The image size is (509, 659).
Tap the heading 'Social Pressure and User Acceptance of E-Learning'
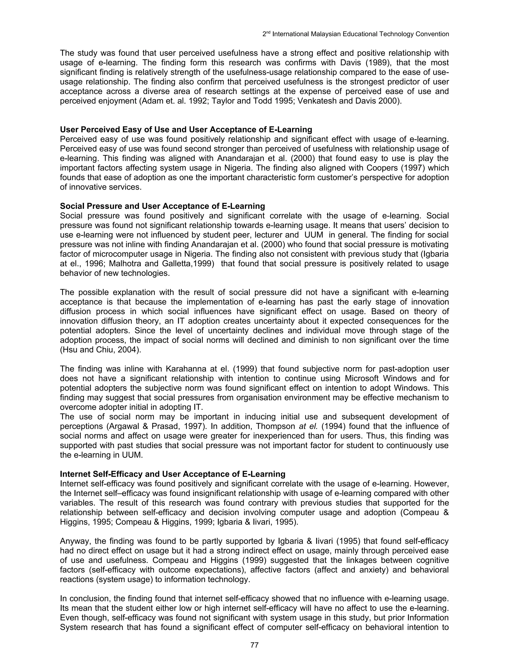pyautogui.click(x=162, y=206)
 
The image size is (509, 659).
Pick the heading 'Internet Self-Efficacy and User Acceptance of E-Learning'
pyautogui.click(x=172, y=474)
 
